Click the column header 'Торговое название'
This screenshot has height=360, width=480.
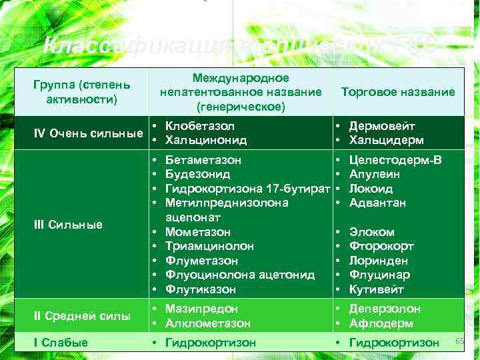pos(397,93)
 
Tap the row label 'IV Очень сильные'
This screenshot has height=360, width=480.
pos(89,133)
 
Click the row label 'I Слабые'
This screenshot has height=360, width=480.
pos(61,343)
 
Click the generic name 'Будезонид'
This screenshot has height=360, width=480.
pos(197,175)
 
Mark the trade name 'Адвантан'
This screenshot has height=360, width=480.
pos(377,203)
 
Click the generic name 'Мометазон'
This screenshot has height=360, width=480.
pos(198,232)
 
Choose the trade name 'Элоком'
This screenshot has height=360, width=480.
pos(372,232)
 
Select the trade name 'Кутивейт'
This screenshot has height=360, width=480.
pos(377,289)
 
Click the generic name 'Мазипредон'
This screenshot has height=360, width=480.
pos(201,309)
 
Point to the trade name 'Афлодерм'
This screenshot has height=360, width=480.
pos(381,323)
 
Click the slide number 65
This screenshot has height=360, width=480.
pos(459,341)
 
